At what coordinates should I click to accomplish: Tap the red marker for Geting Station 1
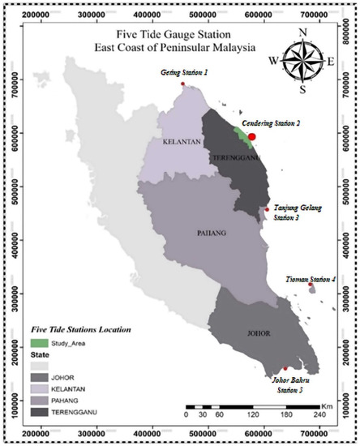click(184, 84)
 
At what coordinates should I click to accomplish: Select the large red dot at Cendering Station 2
click(252, 137)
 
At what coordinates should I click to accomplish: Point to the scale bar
click(260, 404)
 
